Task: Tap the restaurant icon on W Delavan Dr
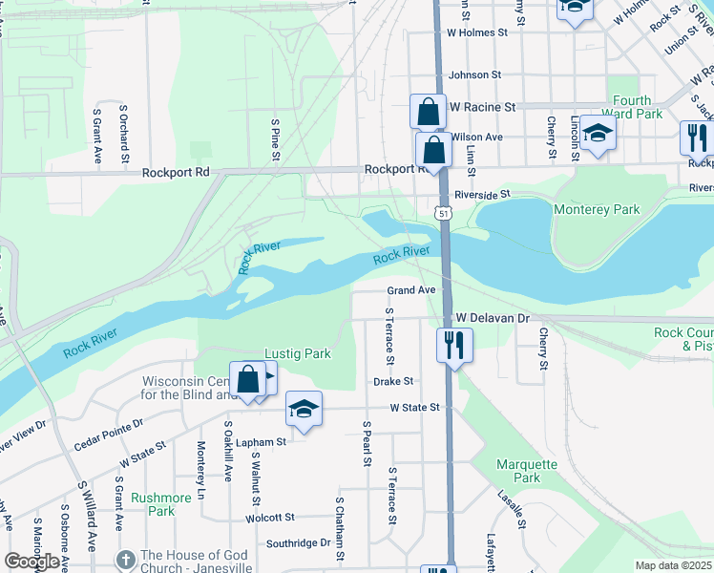tap(454, 345)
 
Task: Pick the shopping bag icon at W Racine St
tap(429, 111)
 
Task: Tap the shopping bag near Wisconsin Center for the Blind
tap(248, 379)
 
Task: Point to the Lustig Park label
tap(298, 353)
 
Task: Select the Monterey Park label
tap(597, 209)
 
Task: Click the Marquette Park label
tap(526, 471)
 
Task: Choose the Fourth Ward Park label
tap(632, 107)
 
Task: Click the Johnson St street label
tap(474, 74)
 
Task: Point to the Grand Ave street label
tap(411, 289)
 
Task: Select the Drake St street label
tap(393, 380)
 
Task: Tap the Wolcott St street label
tap(269, 518)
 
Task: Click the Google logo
tap(31, 561)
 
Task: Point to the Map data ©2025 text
tap(674, 565)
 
